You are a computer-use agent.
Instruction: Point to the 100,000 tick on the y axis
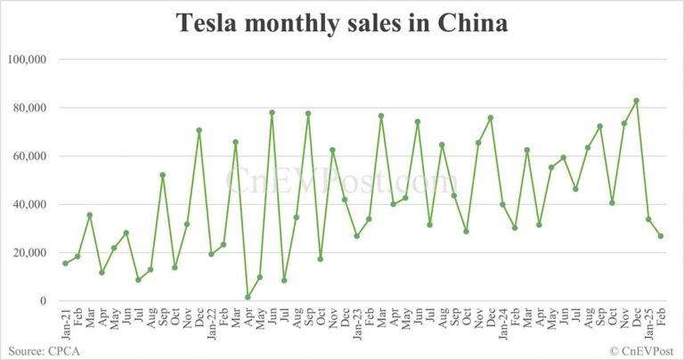pyautogui.click(x=30, y=60)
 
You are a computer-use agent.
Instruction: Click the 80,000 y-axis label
pyautogui.click(x=33, y=108)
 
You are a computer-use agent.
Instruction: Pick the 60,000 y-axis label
pyautogui.click(x=33, y=156)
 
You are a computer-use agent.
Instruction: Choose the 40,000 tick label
pyautogui.click(x=33, y=204)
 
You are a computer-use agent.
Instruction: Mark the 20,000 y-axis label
pyautogui.click(x=33, y=252)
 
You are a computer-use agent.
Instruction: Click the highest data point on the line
pyautogui.click(x=636, y=101)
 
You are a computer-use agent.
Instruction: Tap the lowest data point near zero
pyautogui.click(x=248, y=298)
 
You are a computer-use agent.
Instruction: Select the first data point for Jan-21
pyautogui.click(x=65, y=263)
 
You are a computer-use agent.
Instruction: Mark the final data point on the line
pyautogui.click(x=660, y=236)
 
